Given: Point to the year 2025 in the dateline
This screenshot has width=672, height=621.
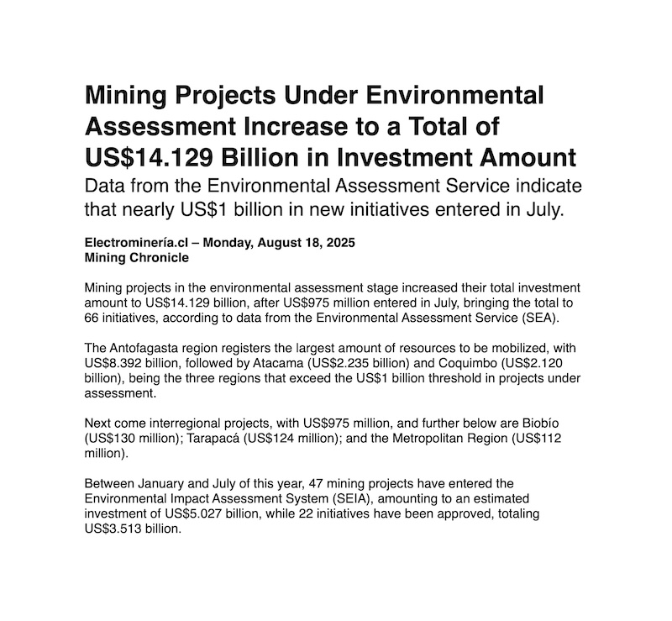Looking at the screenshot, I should pyautogui.click(x=339, y=243).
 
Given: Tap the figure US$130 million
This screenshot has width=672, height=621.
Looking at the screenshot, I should pyautogui.click(x=134, y=437).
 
